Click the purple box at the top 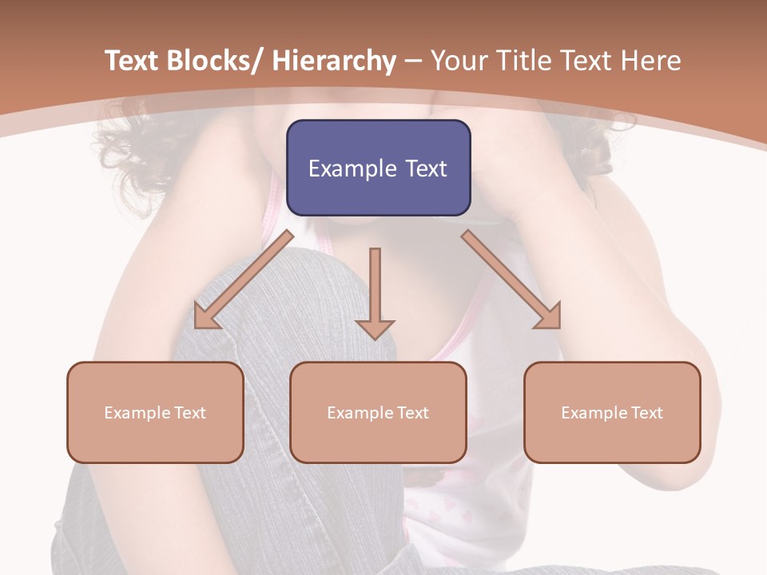pyautogui.click(x=378, y=168)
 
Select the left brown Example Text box pyautogui.click(x=155, y=412)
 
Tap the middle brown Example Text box pyautogui.click(x=378, y=412)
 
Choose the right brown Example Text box pyautogui.click(x=612, y=412)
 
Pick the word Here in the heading pyautogui.click(x=650, y=61)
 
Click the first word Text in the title pyautogui.click(x=133, y=61)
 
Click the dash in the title pyautogui.click(x=413, y=61)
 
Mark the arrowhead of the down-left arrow pyautogui.click(x=205, y=317)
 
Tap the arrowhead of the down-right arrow pyautogui.click(x=549, y=316)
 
